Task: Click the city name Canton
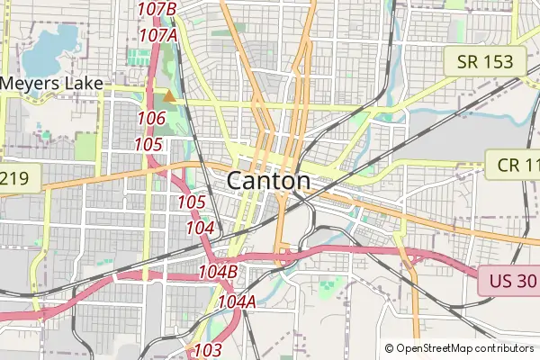[268, 181]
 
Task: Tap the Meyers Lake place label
[50, 84]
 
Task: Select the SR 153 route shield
[485, 62]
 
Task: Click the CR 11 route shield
[513, 165]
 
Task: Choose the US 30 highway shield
[508, 282]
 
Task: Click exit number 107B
[157, 9]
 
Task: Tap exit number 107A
[157, 35]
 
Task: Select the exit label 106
[151, 119]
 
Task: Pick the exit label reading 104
[200, 229]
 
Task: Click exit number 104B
[218, 271]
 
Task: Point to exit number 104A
[237, 301]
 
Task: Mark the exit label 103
[208, 349]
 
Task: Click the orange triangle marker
[168, 95]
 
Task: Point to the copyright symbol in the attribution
[389, 348]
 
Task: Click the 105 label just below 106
[148, 145]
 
